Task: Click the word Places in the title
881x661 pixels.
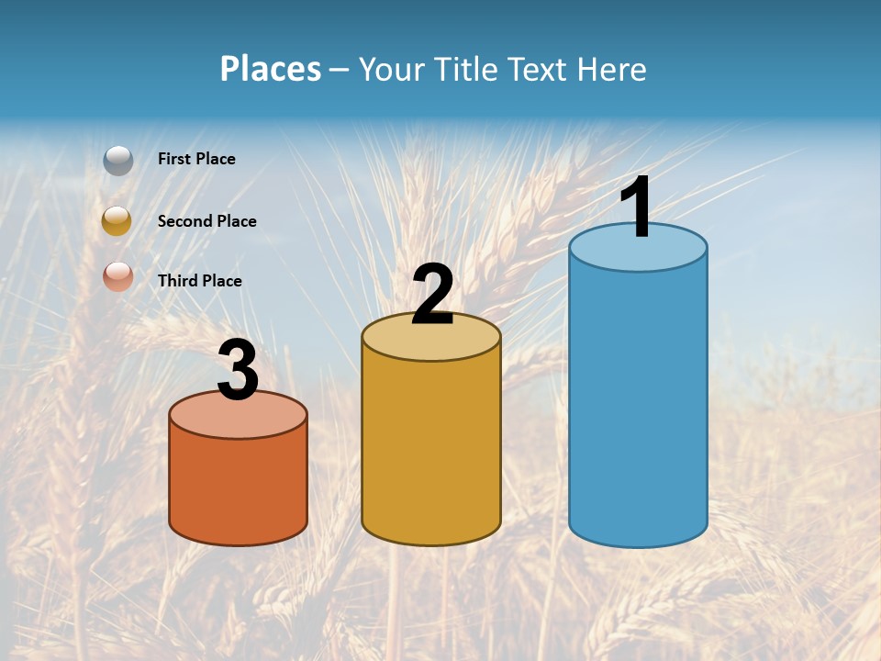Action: coord(271,69)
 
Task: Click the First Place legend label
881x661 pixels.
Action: coord(196,159)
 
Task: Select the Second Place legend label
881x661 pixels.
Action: coord(206,221)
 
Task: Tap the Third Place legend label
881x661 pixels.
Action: coord(199,281)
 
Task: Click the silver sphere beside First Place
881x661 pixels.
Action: coord(118,161)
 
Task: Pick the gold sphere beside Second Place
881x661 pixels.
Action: coord(117,220)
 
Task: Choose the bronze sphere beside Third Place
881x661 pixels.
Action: coord(117,276)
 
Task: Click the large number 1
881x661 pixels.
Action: coord(636,207)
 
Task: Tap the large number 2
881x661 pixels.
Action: coord(432,295)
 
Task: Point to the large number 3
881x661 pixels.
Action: coord(238,370)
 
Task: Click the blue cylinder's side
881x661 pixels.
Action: coord(638,404)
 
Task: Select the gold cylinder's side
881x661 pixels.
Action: coord(431,450)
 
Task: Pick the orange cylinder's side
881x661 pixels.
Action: coord(238,487)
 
